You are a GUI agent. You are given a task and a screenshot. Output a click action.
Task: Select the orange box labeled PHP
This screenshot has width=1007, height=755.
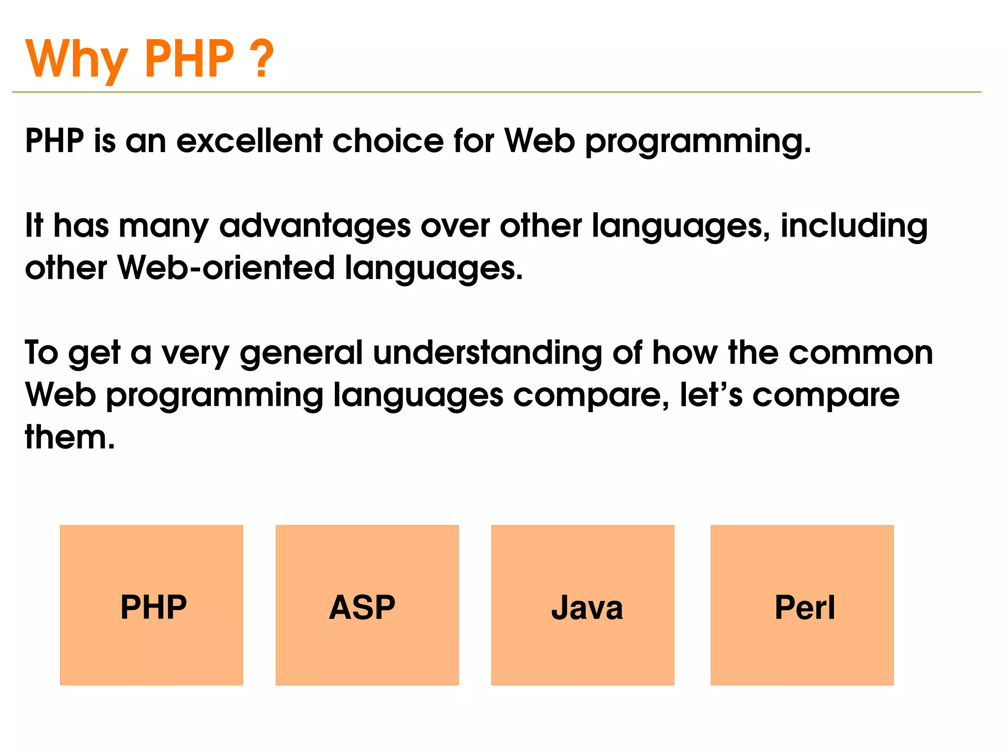point(151,605)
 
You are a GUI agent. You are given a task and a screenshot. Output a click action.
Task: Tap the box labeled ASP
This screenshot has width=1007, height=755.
point(367,605)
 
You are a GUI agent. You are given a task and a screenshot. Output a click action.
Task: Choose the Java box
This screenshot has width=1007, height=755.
point(583,605)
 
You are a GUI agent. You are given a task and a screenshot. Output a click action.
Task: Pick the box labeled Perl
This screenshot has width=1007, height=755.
point(802,605)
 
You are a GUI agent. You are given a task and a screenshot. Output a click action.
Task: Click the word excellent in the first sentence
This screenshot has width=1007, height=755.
point(249,141)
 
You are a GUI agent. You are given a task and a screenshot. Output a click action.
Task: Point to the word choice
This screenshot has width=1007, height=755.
point(388,141)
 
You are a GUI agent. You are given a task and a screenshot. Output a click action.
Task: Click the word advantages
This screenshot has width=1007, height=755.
point(315,226)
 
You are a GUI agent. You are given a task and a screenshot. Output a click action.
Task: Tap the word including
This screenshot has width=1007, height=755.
point(854,226)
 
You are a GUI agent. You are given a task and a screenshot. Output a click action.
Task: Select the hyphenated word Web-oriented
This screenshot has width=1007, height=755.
point(226,269)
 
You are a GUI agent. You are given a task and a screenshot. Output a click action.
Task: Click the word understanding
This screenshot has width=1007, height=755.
point(487,353)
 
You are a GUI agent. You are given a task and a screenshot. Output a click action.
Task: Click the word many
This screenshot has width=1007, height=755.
point(164,226)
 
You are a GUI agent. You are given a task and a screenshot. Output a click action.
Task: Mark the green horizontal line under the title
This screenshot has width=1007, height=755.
point(497,92)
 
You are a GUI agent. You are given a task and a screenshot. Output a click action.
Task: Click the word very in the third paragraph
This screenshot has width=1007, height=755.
point(195,353)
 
